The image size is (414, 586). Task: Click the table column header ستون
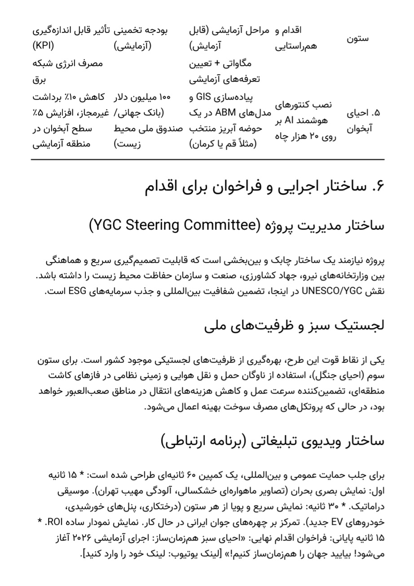coord(357,38)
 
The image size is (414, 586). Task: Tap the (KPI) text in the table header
coord(43,46)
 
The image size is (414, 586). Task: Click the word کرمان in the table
coord(203,144)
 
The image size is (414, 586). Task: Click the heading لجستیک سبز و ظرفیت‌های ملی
coord(294,325)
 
